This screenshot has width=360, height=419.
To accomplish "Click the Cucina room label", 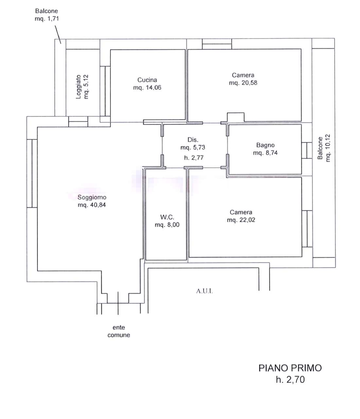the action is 147,80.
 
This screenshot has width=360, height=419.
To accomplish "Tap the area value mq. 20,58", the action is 243,83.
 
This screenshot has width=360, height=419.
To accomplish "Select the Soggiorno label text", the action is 92,197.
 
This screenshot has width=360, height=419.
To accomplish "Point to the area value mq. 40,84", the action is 92,205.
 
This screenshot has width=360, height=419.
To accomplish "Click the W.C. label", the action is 167,217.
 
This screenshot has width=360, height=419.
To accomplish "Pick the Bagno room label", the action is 265,145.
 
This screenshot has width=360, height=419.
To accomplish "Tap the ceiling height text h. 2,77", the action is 194,158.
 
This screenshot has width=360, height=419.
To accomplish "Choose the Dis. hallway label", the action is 193,140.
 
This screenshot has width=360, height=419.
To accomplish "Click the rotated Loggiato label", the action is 78,87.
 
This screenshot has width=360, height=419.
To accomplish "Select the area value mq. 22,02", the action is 241,220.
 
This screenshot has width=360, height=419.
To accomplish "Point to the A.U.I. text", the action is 204,291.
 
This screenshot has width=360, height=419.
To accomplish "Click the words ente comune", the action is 119,331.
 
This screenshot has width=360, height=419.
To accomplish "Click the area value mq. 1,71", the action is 47,19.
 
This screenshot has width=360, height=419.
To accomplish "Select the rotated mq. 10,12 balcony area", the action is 328,148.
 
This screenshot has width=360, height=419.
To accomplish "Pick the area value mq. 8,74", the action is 265,153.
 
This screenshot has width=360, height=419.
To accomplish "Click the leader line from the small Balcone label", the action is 58,34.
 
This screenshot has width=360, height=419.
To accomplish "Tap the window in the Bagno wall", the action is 307,150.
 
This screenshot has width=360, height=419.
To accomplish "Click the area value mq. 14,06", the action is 147,88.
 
